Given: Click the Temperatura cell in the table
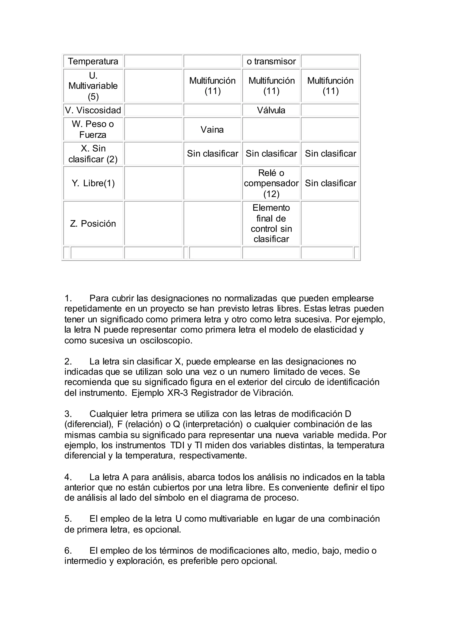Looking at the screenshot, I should [93, 61].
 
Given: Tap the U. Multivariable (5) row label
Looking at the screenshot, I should [93, 86].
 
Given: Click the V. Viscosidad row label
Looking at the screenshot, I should [93, 110].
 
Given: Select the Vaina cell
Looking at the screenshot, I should [212, 130].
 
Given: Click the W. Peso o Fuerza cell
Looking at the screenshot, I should [93, 130].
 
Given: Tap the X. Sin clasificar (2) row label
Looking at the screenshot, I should [93, 154].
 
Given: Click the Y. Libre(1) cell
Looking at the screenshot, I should [93, 183].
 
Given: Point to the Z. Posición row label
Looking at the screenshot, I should [93, 224].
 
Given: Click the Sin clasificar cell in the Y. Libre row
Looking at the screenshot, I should [330, 183].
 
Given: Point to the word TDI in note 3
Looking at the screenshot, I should [177, 445].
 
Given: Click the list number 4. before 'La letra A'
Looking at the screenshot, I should [68, 477].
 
